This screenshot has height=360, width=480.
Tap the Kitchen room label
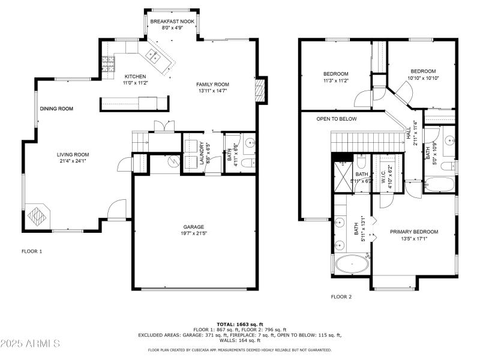tap(135, 77)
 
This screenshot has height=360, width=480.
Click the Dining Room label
tap(56, 109)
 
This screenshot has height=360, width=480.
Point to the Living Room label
tap(73, 154)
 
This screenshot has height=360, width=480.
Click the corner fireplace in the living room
tap(38, 215)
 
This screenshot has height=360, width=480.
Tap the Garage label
tap(194, 227)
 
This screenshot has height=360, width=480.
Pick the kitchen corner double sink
tap(152, 58)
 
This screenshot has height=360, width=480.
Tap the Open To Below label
tap(337, 119)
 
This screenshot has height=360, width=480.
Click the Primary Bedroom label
tap(413, 232)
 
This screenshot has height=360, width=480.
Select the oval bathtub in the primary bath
tap(352, 264)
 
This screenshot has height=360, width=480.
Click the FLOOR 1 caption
tap(32, 251)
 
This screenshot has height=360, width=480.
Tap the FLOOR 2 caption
tap(341, 296)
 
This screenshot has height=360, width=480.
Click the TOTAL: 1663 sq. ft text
tap(240, 323)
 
